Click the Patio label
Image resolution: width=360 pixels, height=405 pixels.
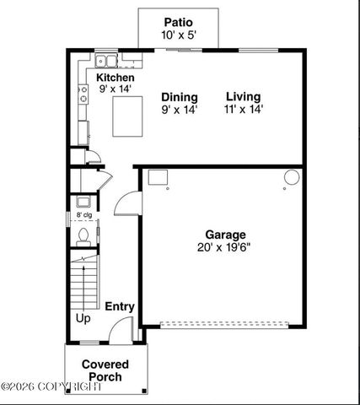178,23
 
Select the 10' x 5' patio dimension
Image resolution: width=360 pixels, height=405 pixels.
178,35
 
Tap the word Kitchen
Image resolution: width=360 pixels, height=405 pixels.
115,77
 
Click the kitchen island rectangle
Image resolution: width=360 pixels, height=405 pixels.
128,116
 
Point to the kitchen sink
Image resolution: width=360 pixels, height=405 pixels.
106,60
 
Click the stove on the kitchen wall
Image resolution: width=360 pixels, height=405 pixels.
83,94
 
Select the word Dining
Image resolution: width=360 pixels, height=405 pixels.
180,97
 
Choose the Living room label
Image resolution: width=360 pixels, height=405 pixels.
243,97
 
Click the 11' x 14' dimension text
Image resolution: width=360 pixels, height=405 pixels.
244,109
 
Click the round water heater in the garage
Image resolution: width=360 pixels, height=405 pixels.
291,177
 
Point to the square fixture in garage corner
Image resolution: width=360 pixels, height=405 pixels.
158,177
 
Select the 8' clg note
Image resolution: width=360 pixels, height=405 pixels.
84,215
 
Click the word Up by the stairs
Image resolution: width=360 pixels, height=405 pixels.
83,319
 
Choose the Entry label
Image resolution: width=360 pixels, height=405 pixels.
119,306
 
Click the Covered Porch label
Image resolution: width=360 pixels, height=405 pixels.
105,370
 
